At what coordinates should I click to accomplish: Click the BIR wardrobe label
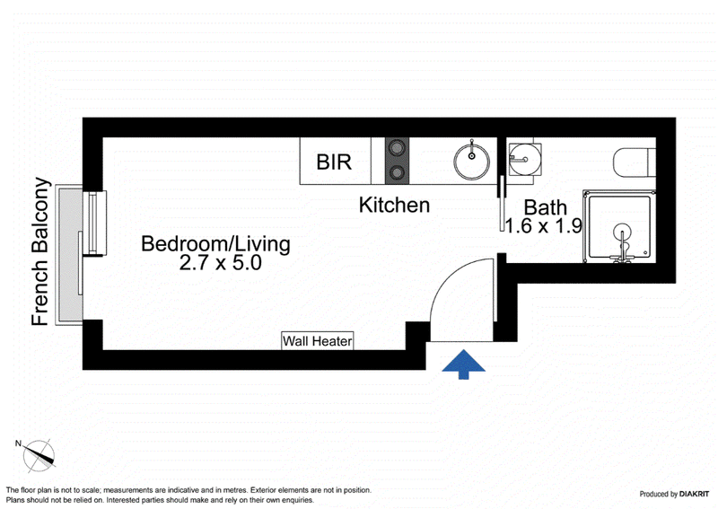(334, 162)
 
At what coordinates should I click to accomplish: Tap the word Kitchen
(394, 205)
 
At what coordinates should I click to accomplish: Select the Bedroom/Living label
(215, 243)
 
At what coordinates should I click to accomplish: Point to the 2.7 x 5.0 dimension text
(220, 263)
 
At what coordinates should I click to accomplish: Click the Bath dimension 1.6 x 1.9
(544, 226)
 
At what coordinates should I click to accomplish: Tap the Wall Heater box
(318, 341)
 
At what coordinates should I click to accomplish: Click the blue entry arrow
(463, 364)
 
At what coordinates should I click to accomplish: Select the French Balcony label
(40, 251)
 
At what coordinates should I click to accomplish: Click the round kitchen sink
(472, 162)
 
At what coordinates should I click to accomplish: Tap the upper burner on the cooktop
(397, 148)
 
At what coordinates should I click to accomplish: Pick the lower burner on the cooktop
(397, 172)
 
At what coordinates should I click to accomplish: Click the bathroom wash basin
(525, 160)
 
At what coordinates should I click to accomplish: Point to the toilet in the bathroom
(635, 162)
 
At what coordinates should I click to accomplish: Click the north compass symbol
(39, 456)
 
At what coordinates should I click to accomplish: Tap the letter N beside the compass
(18, 443)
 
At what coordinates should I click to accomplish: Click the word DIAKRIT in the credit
(694, 494)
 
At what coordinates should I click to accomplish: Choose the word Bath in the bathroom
(545, 207)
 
